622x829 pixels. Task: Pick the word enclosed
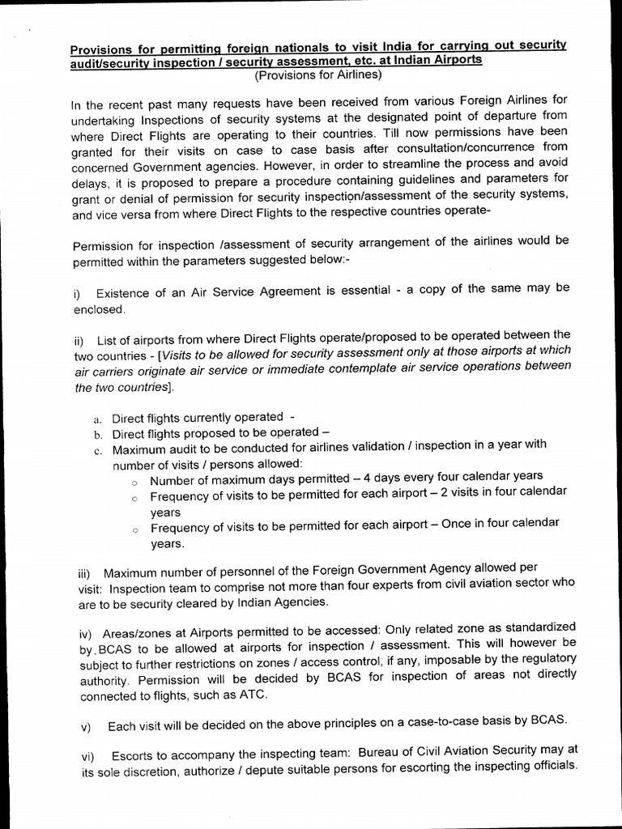pos(99,308)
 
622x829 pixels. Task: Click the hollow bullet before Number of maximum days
pos(135,482)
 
